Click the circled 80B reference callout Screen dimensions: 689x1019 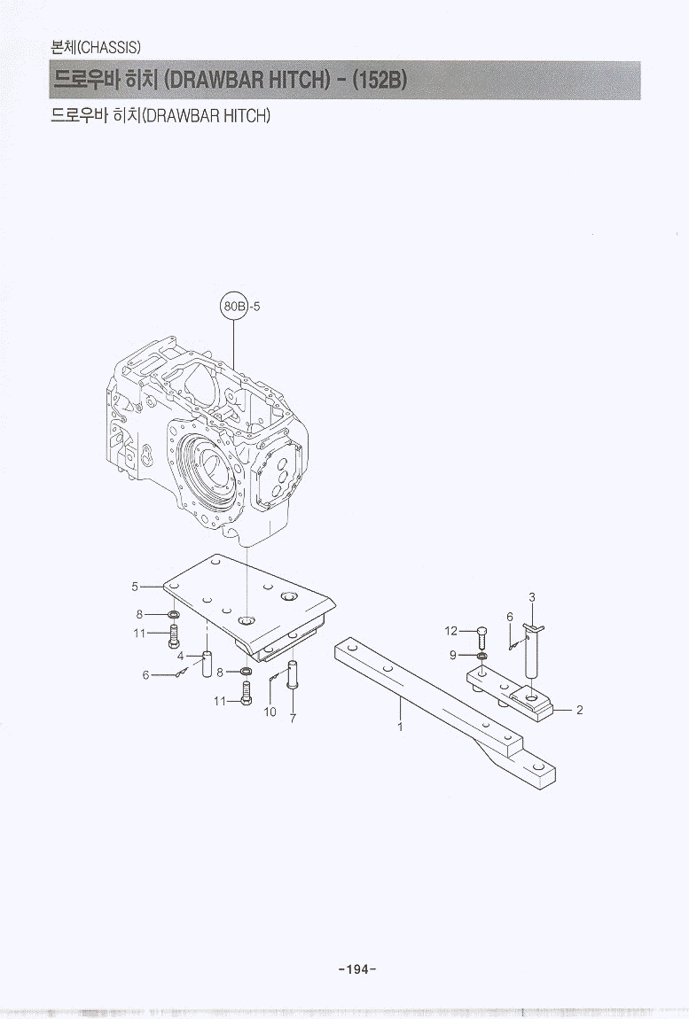233,306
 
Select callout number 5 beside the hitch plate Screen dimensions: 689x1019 135,587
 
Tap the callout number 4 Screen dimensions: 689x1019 180,657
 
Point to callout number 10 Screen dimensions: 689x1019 270,712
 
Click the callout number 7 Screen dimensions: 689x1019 293,719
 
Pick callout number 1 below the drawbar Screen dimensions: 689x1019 400,727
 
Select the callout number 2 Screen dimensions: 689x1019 580,710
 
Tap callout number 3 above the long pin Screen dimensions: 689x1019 532,597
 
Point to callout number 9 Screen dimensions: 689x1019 453,655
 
